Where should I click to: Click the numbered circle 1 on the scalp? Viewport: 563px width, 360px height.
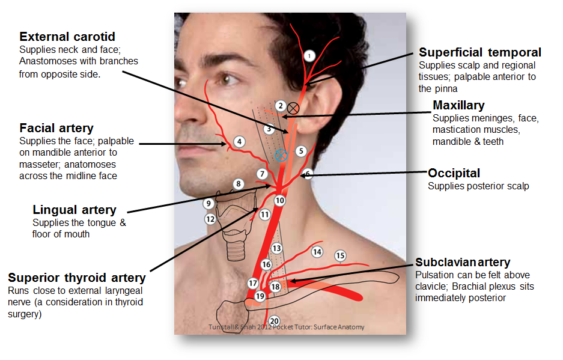tap(309, 56)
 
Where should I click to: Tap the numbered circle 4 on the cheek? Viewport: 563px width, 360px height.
tap(239, 142)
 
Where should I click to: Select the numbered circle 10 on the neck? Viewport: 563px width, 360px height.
tap(279, 200)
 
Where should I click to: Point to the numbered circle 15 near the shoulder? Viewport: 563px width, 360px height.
tap(340, 255)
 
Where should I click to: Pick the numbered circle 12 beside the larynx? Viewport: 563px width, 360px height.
tap(210, 219)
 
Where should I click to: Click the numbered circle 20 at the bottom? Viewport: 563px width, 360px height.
tap(274, 321)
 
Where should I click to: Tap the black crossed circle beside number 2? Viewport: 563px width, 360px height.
tap(293, 108)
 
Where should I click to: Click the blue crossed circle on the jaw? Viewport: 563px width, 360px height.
tap(281, 156)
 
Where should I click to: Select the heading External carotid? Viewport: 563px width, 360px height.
tap(67, 37)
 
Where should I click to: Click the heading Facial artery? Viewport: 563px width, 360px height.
tap(56, 128)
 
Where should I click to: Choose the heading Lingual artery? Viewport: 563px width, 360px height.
tap(75, 210)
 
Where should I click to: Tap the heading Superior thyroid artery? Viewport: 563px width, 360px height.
tap(77, 278)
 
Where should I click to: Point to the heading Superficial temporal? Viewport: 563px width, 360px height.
tap(480, 52)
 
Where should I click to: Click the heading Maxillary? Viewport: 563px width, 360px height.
tap(458, 106)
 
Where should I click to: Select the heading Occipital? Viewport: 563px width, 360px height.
tap(454, 173)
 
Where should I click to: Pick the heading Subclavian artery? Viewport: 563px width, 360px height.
tap(463, 262)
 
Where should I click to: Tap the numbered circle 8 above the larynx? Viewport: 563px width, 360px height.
tap(238, 184)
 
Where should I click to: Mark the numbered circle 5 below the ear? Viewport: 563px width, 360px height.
tap(301, 151)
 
